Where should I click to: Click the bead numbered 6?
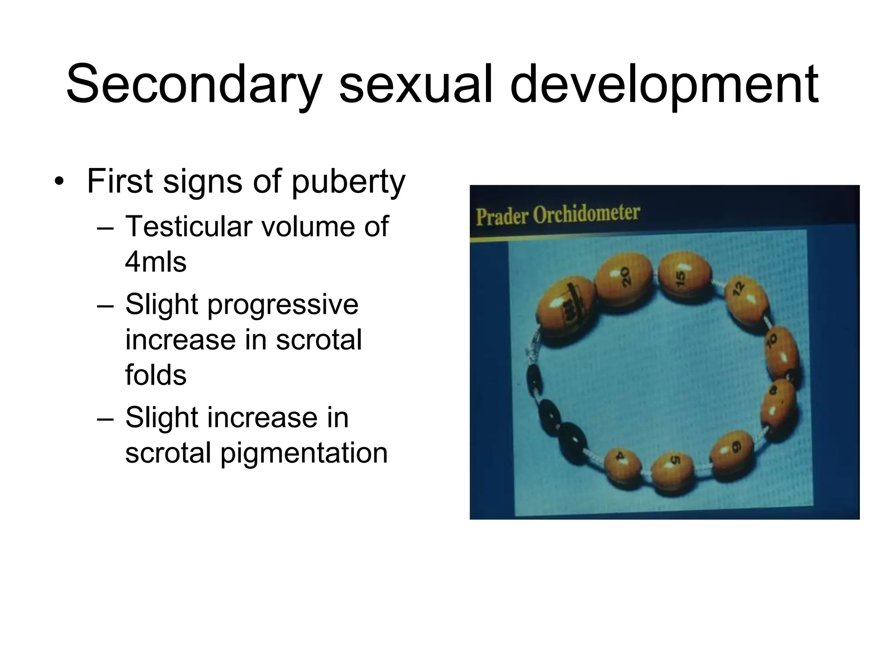(733, 455)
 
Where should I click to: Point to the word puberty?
(348, 181)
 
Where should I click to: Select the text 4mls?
(156, 262)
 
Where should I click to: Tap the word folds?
(156, 375)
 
